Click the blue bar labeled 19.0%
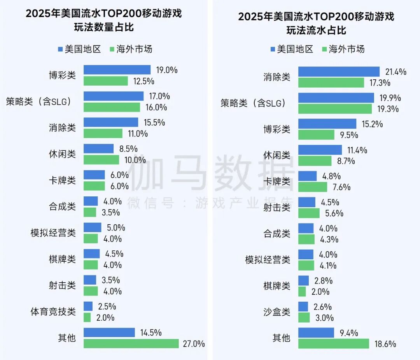point(117,70)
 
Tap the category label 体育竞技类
point(53,312)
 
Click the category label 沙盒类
point(277,312)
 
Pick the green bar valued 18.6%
point(333,344)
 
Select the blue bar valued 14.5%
point(109,333)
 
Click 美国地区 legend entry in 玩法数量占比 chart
point(79,49)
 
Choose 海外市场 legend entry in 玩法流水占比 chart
point(343,49)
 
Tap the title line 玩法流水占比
point(316,30)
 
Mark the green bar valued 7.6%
point(313,187)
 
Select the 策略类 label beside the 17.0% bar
point(39,102)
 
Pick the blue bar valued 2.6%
point(303,307)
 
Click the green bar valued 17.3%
point(331,82)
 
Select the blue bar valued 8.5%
point(98,149)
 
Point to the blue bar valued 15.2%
point(327,124)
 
